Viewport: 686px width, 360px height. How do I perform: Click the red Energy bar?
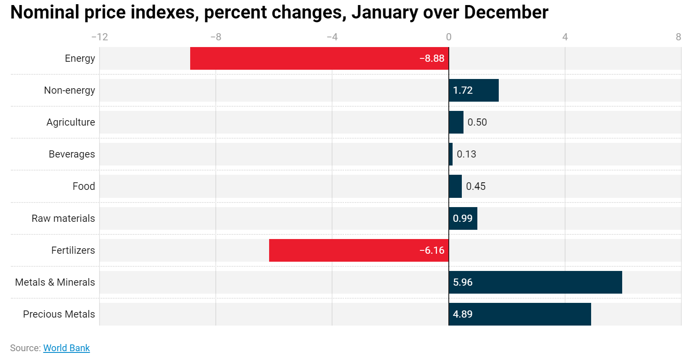pos(319,58)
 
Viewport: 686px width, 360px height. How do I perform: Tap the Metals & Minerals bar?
pos(535,282)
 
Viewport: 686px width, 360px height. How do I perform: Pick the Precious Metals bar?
pos(520,314)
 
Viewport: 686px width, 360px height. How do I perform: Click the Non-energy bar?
pos(474,90)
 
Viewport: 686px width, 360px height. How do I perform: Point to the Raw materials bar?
pos(463,218)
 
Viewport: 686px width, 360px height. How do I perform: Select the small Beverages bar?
pos(450,154)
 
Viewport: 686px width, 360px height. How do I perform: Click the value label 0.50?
pos(477,122)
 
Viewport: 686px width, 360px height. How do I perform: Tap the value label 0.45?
pos(476,186)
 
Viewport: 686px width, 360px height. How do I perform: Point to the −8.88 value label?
pos(432,58)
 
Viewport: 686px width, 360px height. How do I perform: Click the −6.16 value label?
pos(432,250)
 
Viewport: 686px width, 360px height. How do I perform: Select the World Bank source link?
pos(66,348)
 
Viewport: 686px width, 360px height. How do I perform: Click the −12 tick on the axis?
pos(99,37)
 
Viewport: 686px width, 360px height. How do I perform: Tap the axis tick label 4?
pos(565,37)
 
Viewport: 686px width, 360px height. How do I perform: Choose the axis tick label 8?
pos(678,37)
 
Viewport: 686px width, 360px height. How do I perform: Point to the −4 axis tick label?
pos(332,37)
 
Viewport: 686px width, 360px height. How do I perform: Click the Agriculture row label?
pos(71,122)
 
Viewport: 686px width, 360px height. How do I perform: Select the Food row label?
pos(84,186)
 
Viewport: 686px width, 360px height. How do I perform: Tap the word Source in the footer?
pos(25,348)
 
